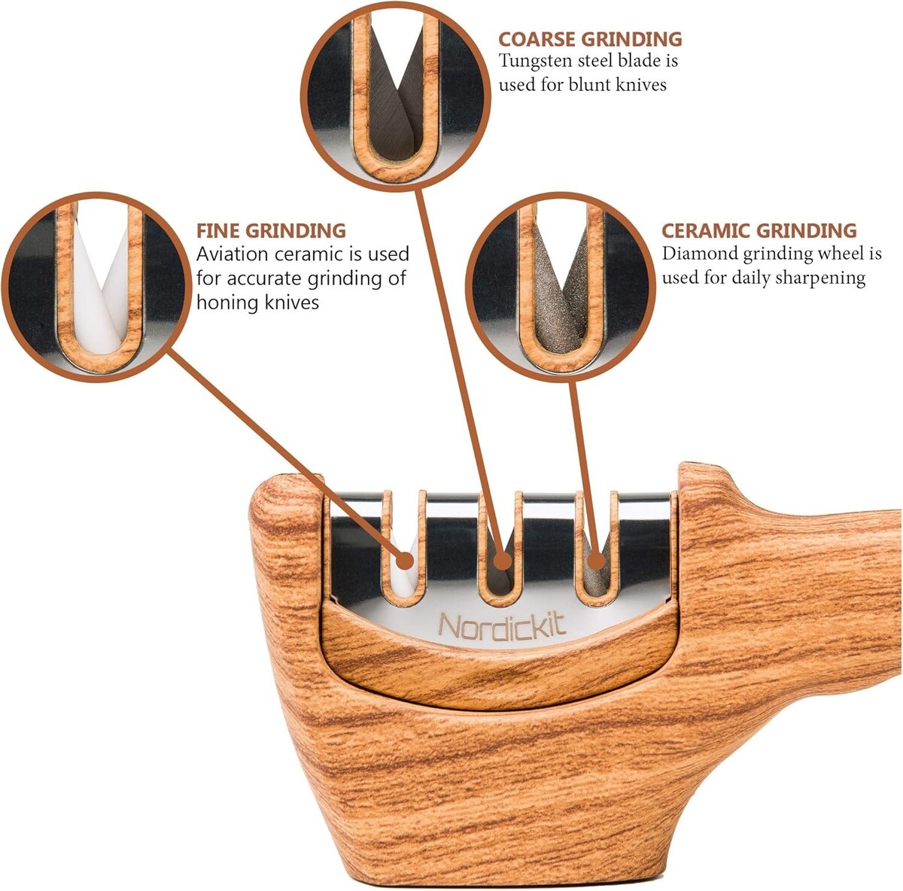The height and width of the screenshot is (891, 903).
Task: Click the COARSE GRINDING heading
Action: tap(590, 38)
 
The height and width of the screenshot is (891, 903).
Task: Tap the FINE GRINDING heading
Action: tap(271, 230)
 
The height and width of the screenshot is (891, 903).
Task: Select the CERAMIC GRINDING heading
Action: tap(759, 230)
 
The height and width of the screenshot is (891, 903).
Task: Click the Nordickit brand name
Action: tap(502, 626)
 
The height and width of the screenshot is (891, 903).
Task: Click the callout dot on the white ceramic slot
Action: tap(405, 560)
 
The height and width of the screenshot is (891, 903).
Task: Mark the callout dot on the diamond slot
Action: tap(595, 561)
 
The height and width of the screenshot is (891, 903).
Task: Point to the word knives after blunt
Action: tap(639, 84)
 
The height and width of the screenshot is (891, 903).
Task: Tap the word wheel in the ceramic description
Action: tap(840, 254)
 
